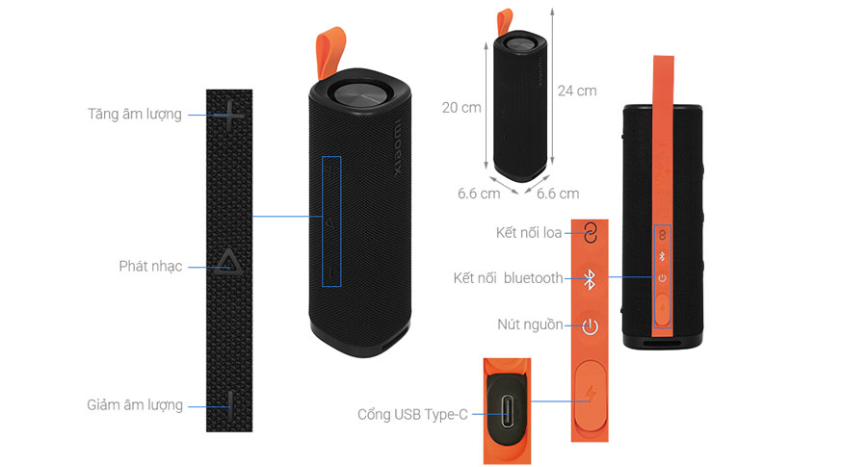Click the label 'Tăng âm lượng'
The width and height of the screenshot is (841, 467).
point(135,114)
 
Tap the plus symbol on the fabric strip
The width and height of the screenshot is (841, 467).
point(230,117)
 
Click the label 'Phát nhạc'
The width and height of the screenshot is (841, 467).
point(150,266)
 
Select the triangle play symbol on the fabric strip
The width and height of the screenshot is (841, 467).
point(229,263)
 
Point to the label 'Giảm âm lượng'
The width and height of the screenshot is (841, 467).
point(135,404)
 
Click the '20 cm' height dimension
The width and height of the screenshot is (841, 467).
point(461,107)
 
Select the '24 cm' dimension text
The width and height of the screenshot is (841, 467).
point(577,91)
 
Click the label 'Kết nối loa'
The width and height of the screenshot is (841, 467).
point(529,233)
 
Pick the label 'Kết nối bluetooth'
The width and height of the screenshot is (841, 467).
point(508,278)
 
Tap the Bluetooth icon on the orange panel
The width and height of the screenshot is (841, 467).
point(590,279)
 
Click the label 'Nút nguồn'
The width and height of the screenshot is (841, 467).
point(530,324)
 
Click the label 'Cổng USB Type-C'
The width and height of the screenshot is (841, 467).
point(412,414)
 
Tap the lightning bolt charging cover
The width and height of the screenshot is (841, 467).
point(589,398)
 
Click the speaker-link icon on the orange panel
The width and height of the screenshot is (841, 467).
point(590,233)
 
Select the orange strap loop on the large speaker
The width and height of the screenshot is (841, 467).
point(332,54)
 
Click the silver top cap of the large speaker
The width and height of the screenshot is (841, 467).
point(357,95)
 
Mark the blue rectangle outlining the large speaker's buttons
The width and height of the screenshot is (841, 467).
point(331,221)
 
